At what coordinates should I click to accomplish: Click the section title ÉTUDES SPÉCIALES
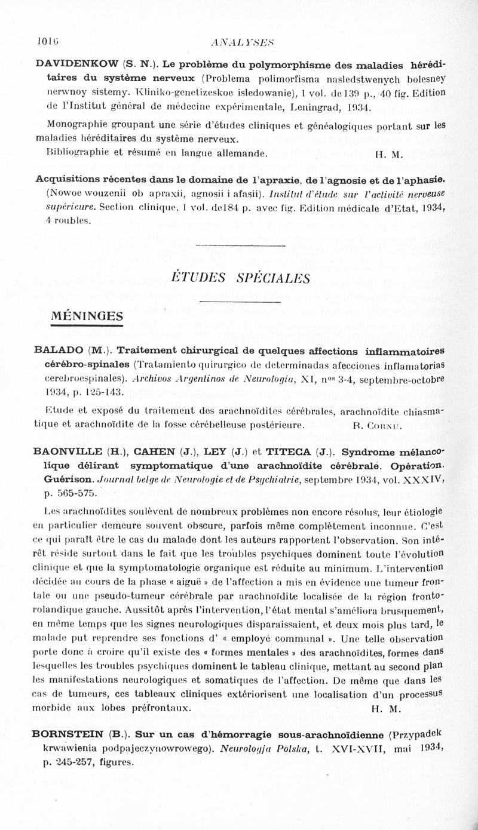(x=240, y=278)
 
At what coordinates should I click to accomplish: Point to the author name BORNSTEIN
(x=72, y=734)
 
